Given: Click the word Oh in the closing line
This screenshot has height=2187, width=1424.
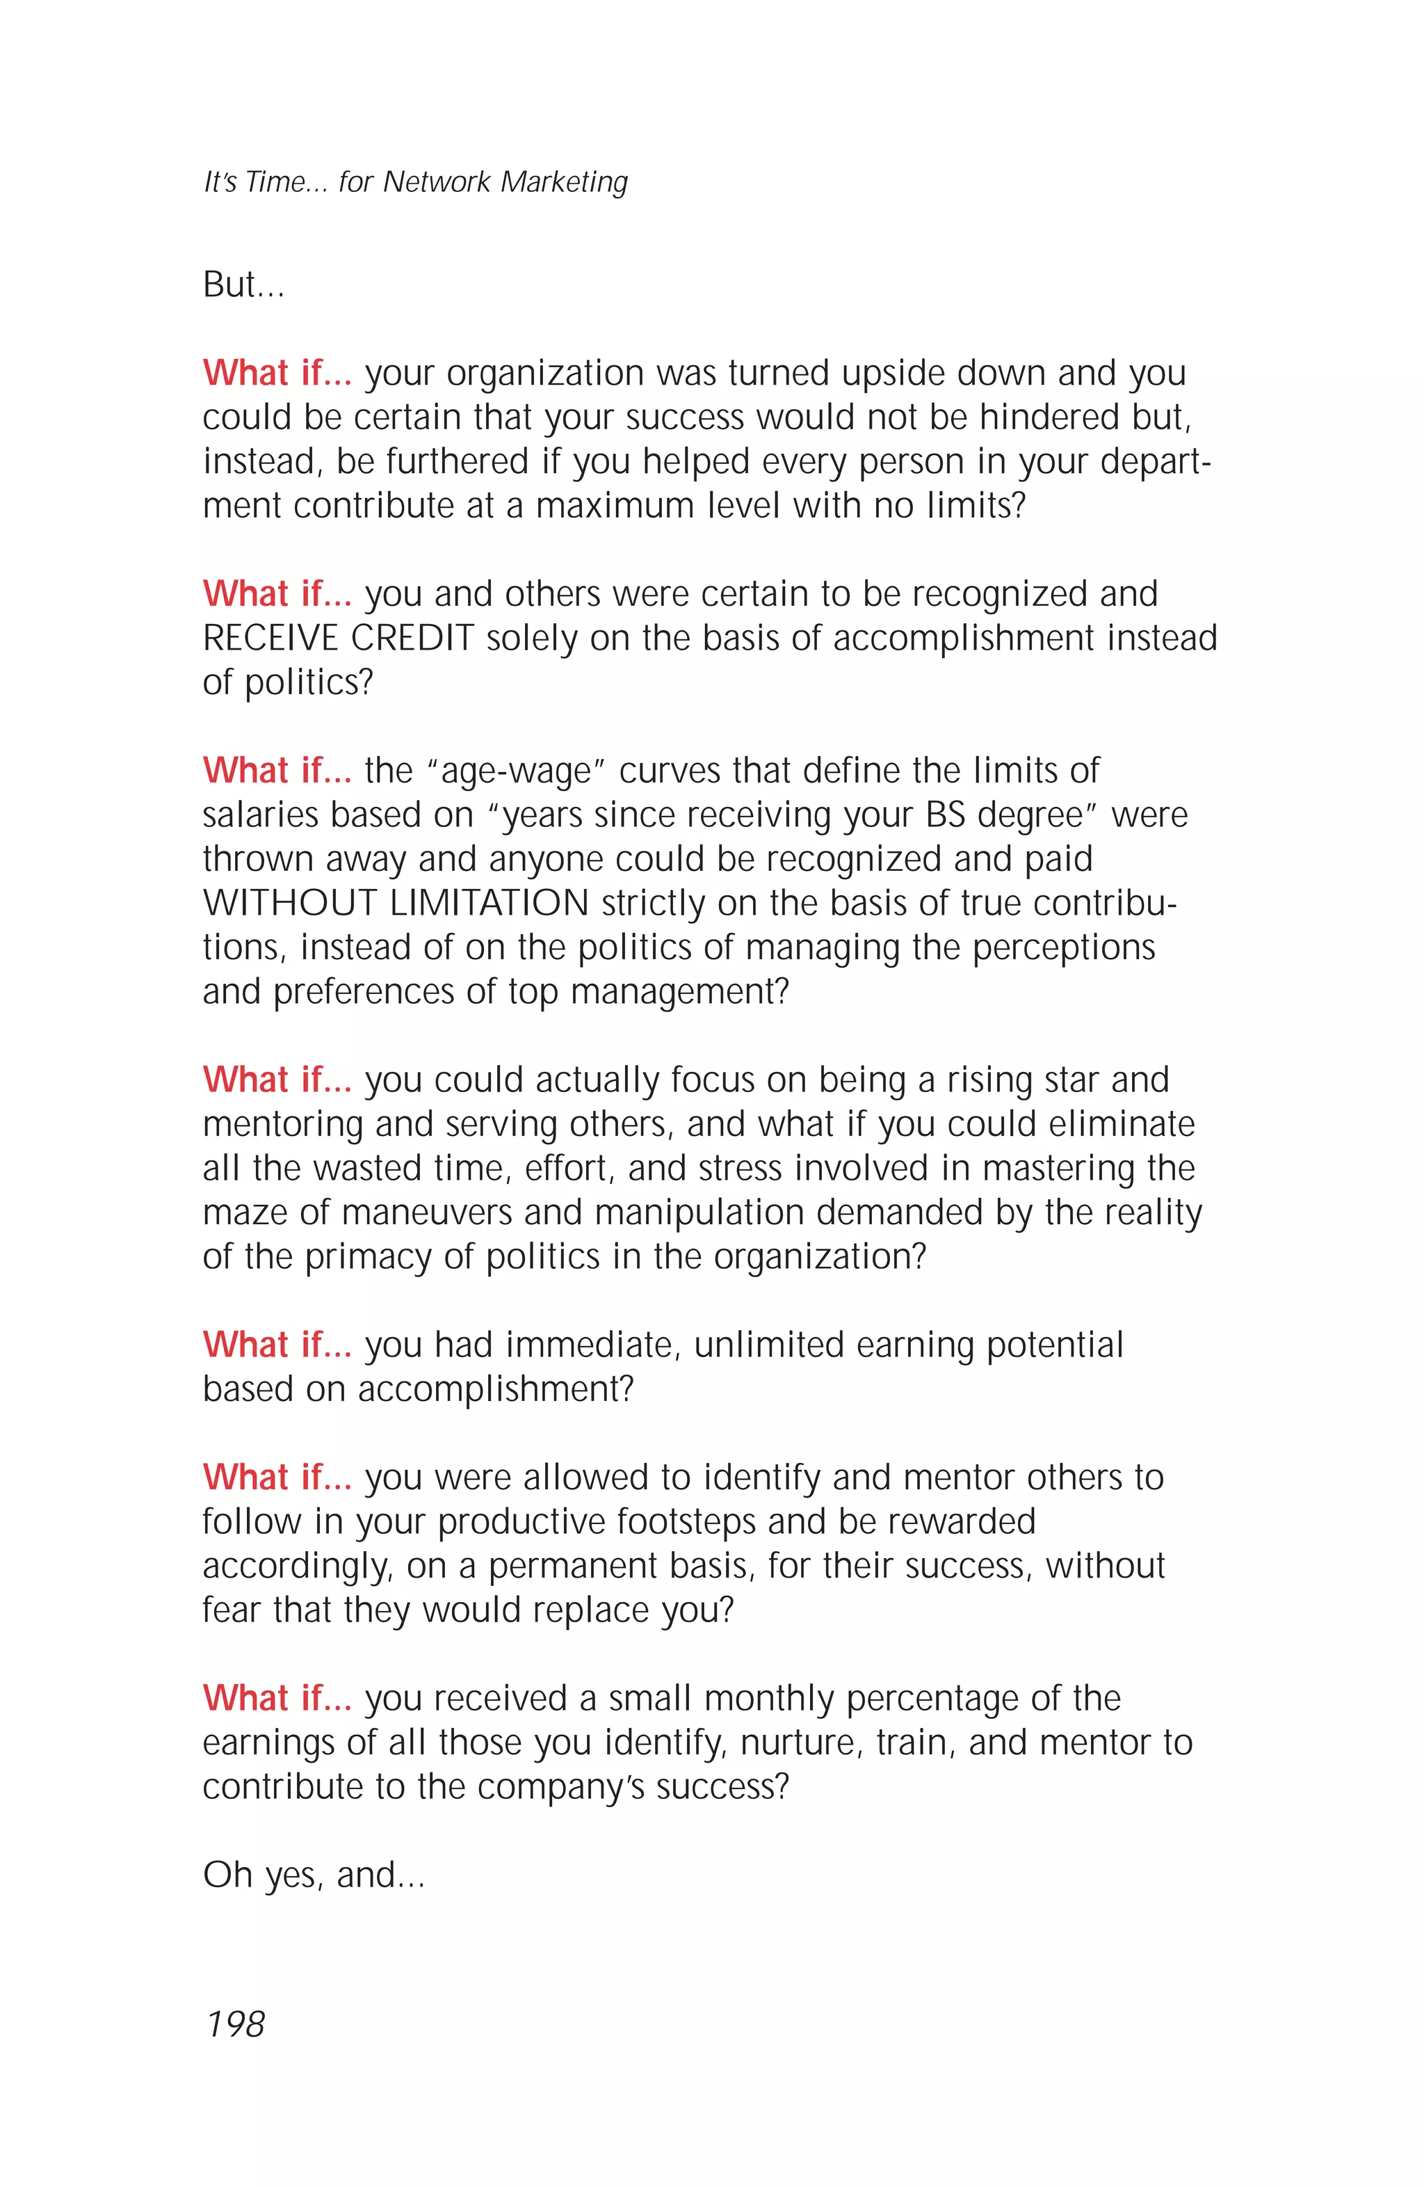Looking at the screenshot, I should click(x=227, y=1875).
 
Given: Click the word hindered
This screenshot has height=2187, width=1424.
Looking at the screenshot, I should click(x=1049, y=417).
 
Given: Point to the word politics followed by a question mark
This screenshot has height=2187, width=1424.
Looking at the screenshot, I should click(x=309, y=683).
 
